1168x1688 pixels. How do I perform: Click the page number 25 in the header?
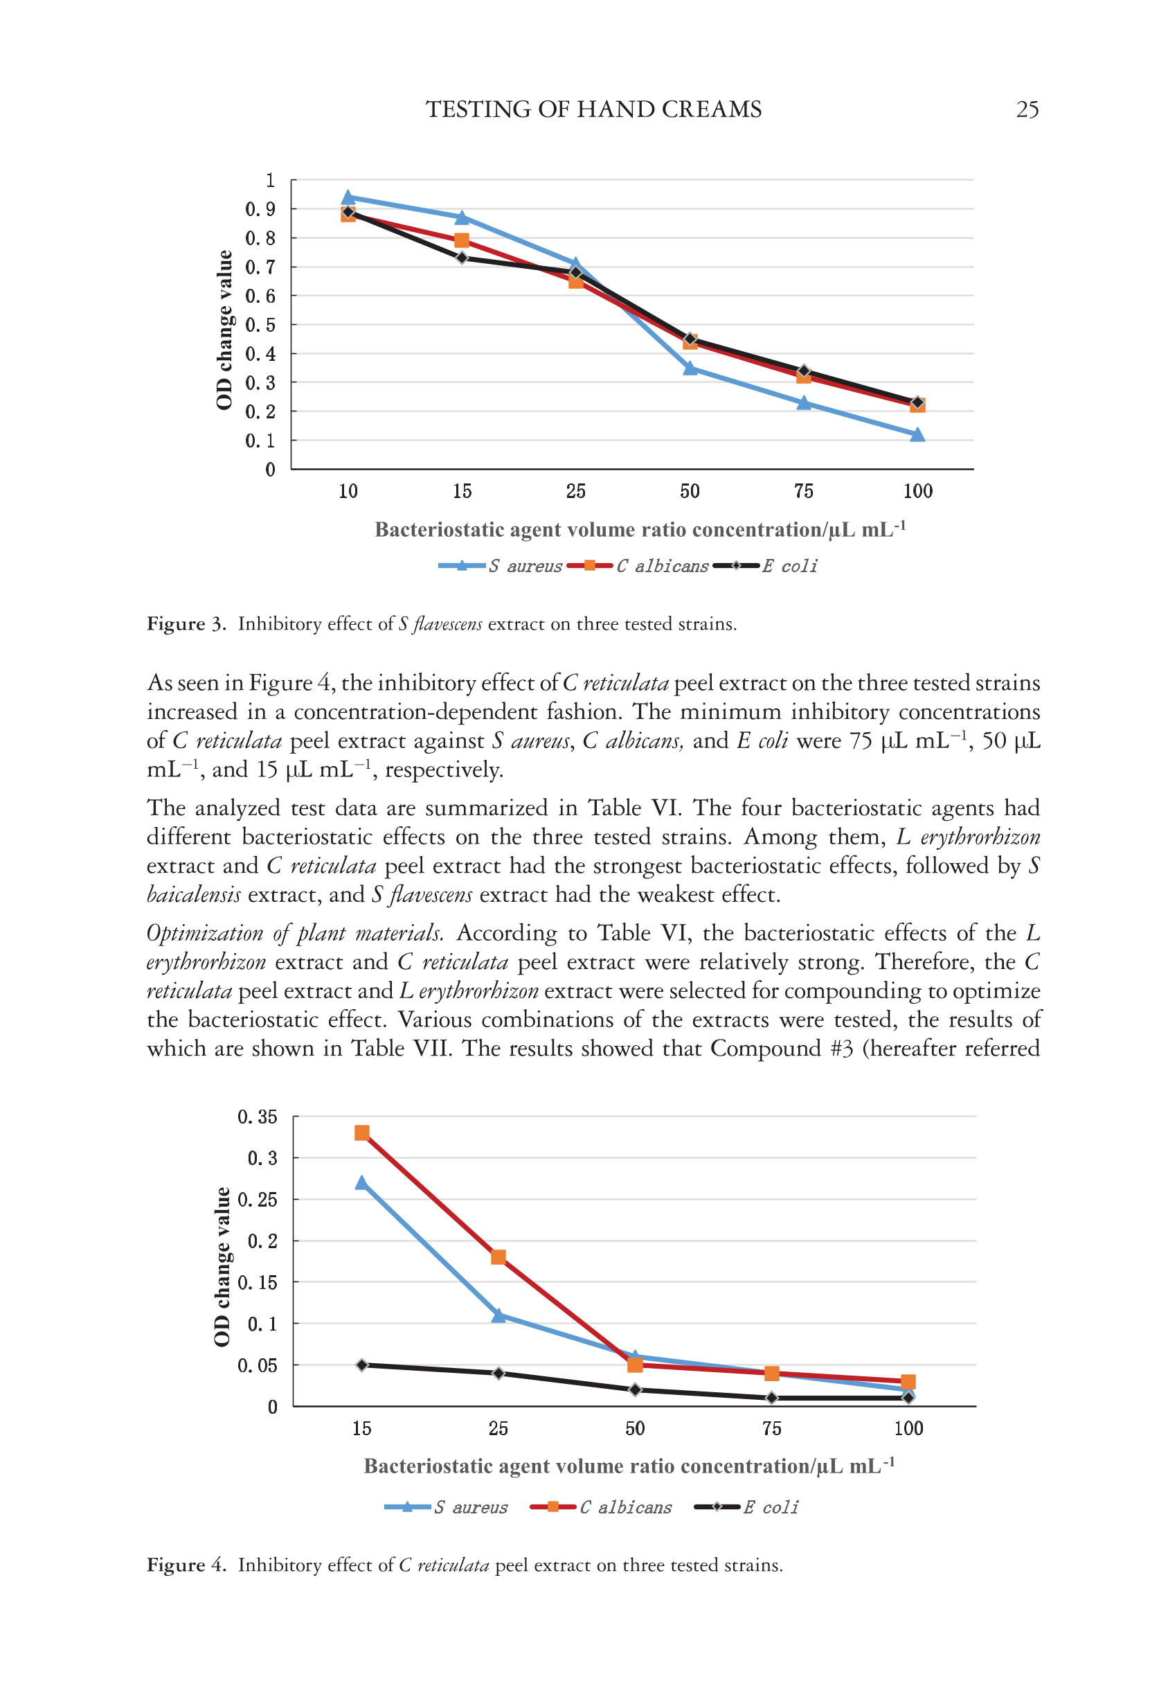tap(1027, 110)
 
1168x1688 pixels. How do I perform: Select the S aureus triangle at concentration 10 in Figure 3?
tap(348, 197)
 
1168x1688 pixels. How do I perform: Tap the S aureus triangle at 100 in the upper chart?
tap(917, 435)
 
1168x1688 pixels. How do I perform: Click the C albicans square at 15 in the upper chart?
tap(462, 240)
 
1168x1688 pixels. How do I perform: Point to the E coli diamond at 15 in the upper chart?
tap(462, 258)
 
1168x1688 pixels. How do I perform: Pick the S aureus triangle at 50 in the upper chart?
tap(690, 368)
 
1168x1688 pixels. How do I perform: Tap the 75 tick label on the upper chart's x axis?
tap(804, 491)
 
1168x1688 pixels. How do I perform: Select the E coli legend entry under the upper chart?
tap(766, 566)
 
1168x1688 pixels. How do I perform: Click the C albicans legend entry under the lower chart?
tap(602, 1507)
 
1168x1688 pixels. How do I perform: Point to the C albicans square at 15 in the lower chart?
tap(361, 1133)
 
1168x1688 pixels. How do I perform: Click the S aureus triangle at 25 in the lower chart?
tap(498, 1315)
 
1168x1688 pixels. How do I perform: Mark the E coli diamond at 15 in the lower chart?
tap(361, 1365)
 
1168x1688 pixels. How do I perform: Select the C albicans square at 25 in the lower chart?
tap(498, 1258)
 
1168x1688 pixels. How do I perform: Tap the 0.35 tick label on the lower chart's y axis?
tap(257, 1117)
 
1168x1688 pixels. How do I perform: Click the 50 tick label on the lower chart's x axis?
tap(634, 1428)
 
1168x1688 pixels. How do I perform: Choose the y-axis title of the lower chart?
tap(222, 1266)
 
